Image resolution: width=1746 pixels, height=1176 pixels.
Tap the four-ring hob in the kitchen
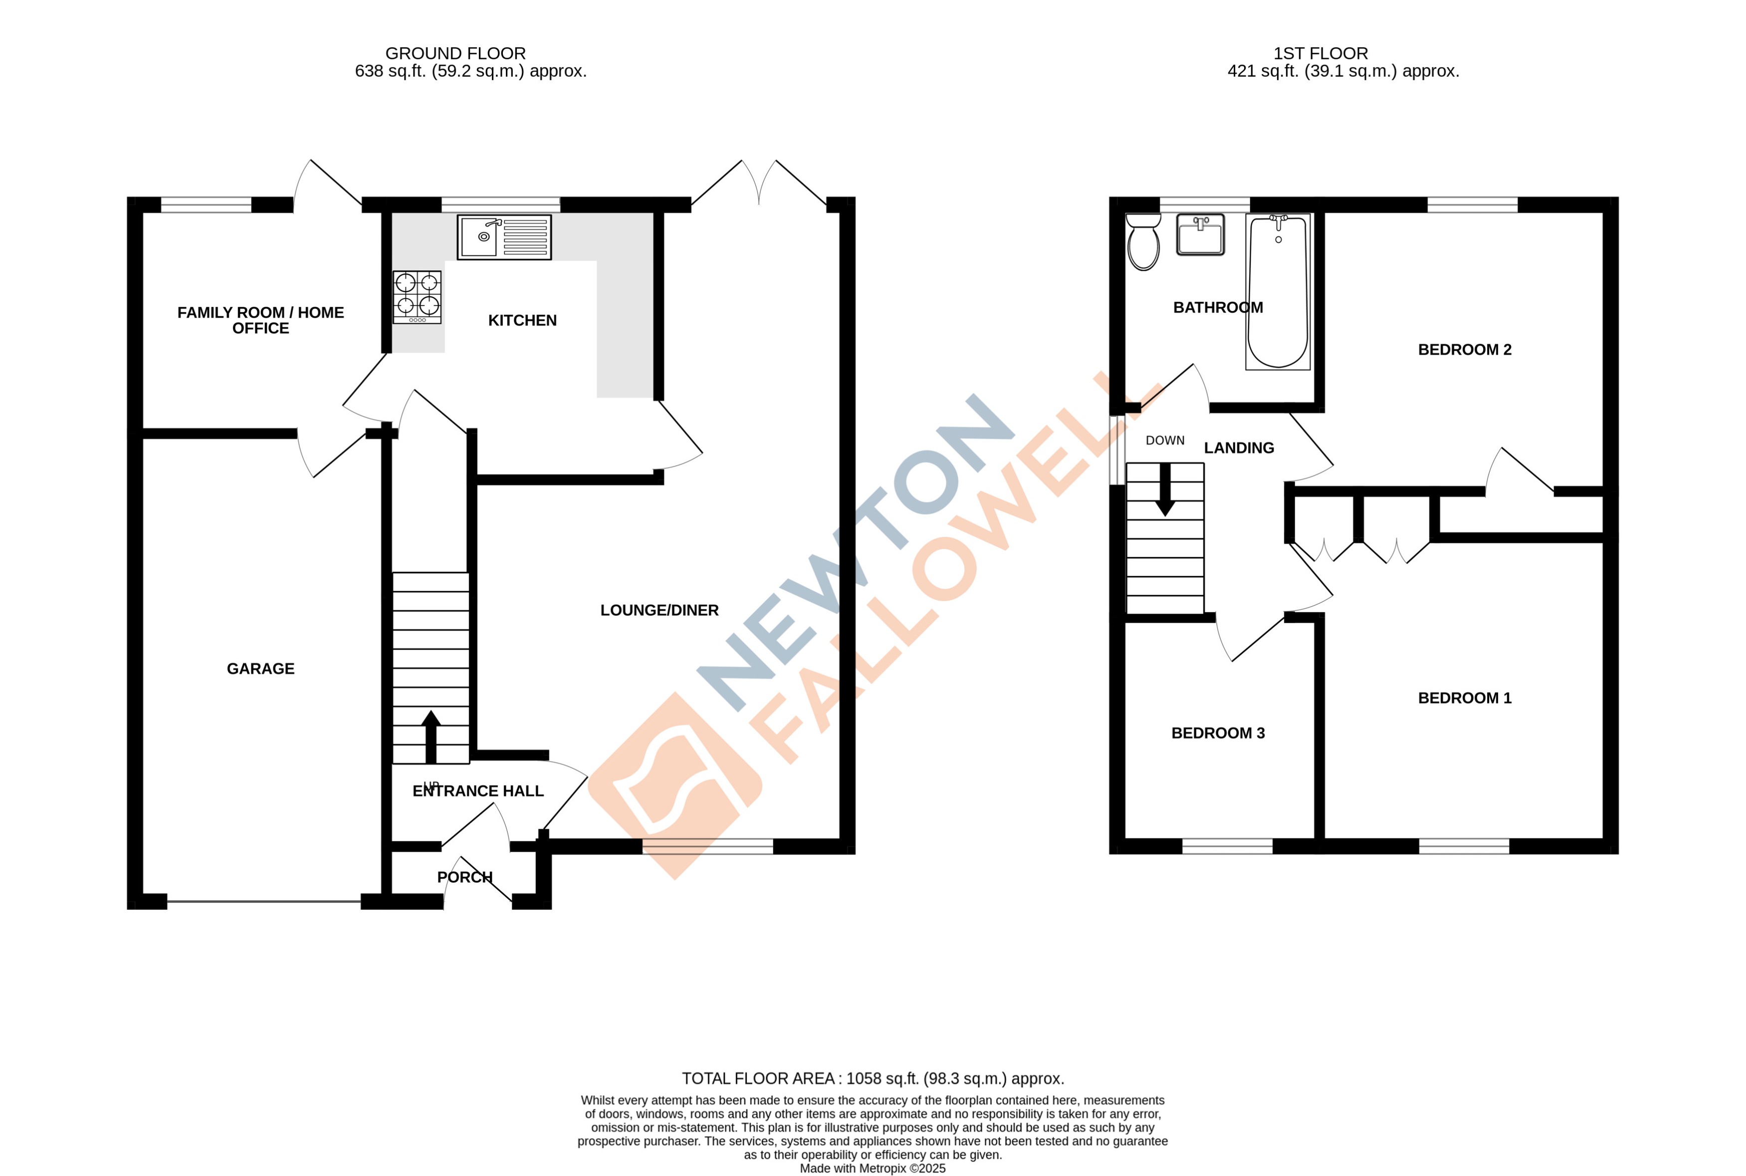(x=417, y=297)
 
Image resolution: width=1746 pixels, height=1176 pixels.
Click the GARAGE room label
(x=260, y=668)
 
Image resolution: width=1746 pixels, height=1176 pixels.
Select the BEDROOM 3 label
(x=1217, y=733)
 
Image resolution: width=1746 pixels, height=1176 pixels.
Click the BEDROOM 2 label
(x=1464, y=349)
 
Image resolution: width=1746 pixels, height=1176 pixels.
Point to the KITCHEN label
(x=522, y=320)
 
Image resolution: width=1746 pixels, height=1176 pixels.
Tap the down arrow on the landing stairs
(x=1164, y=490)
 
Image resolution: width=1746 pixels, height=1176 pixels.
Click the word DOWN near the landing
(x=1164, y=440)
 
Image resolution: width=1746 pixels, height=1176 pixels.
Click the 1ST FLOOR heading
(x=1320, y=53)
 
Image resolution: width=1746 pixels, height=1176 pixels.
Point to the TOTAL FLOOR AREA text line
(x=873, y=1078)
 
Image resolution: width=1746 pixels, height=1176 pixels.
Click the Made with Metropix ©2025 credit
(x=872, y=1168)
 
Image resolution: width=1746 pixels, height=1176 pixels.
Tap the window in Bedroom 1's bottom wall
(x=1463, y=846)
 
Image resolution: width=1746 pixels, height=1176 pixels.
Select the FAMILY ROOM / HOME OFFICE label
(x=260, y=320)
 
